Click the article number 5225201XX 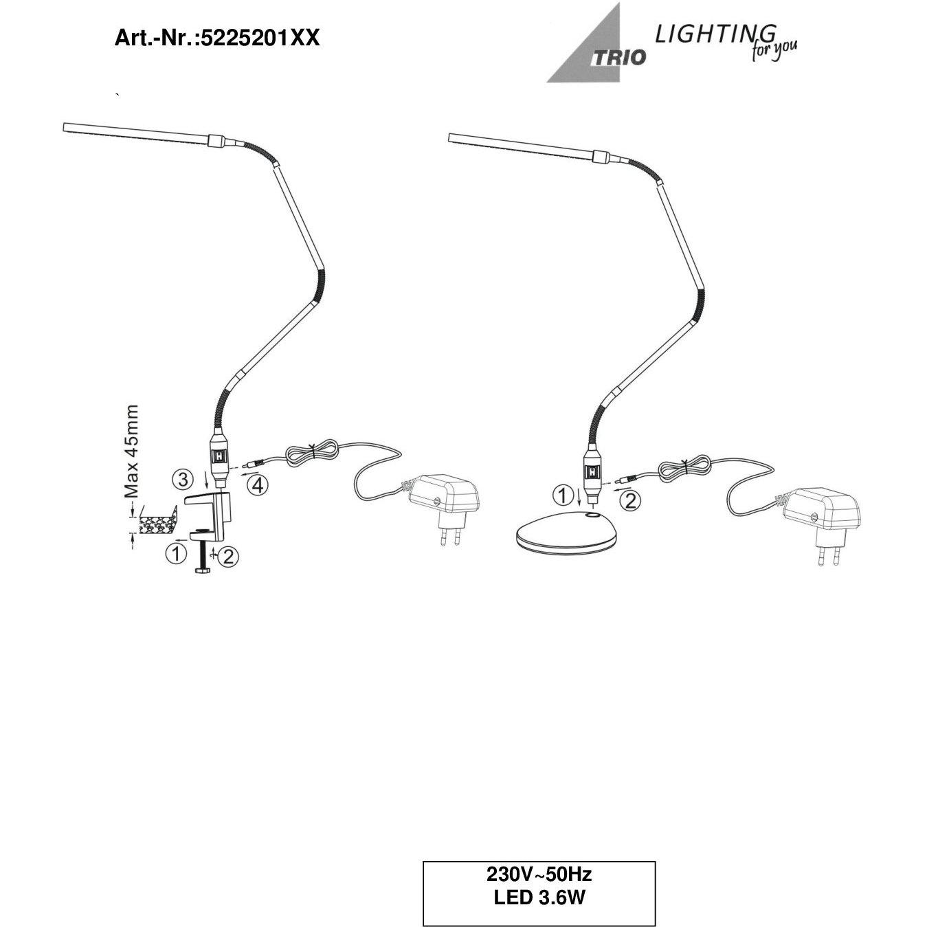click(x=259, y=38)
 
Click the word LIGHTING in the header click(x=716, y=34)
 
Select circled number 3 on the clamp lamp click(x=183, y=480)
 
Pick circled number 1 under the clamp click(x=176, y=554)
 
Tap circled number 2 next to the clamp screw click(x=228, y=557)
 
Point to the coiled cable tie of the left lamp click(x=313, y=453)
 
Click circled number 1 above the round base click(x=562, y=495)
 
